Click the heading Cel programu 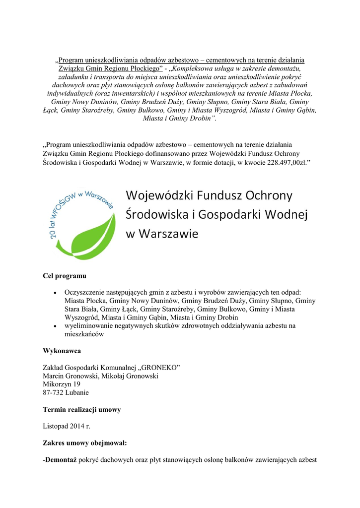(65, 275)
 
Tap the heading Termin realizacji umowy (82, 410)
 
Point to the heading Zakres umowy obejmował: (84, 442)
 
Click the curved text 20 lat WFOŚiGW (74, 208)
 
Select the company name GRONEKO (160, 367)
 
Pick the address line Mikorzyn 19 (62, 384)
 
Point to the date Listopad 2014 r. (67, 426)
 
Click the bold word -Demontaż (60, 459)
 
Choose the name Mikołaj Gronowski (130, 376)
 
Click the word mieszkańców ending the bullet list (84, 334)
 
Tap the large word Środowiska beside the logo (154, 214)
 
